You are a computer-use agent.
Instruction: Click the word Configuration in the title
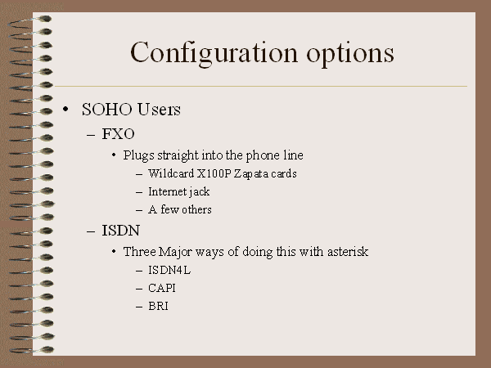pyautogui.click(x=214, y=53)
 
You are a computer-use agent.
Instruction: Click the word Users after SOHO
pyautogui.click(x=159, y=110)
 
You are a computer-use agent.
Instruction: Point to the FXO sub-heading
pyautogui.click(x=118, y=134)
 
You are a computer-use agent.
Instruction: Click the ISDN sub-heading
pyautogui.click(x=120, y=231)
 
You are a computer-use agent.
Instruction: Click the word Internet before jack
pyautogui.click(x=167, y=191)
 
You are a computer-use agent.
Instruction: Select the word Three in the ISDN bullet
pyautogui.click(x=139, y=252)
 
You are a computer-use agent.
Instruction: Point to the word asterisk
pyautogui.click(x=348, y=252)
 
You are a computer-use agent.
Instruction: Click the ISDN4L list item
pyautogui.click(x=169, y=270)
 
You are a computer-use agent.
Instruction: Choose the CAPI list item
pyautogui.click(x=161, y=288)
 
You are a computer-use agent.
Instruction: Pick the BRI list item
pyautogui.click(x=158, y=306)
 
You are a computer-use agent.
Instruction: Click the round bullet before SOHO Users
pyautogui.click(x=65, y=110)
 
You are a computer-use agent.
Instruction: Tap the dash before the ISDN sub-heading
pyautogui.click(x=91, y=232)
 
